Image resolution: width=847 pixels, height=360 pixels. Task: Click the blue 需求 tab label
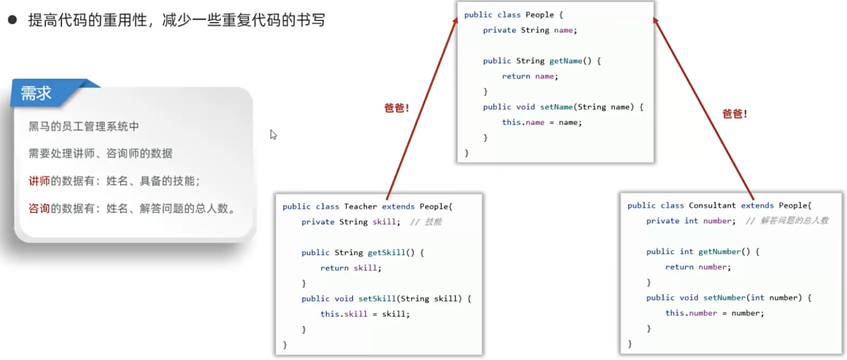pyautogui.click(x=36, y=94)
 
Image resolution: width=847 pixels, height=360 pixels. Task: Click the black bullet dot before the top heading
pyautogui.click(x=13, y=20)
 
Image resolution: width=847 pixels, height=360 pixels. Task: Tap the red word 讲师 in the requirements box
pyautogui.click(x=39, y=181)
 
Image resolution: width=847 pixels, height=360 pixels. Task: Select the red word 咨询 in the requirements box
pyautogui.click(x=39, y=209)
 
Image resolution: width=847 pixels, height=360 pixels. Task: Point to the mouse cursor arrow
pyautogui.click(x=273, y=134)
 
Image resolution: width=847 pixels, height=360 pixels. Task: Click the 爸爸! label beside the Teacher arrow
pyautogui.click(x=396, y=108)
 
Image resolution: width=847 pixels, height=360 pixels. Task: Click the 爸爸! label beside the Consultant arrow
pyautogui.click(x=735, y=114)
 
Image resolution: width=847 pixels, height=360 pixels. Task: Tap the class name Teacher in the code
pyautogui.click(x=360, y=207)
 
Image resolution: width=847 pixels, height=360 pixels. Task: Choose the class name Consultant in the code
pyautogui.click(x=712, y=206)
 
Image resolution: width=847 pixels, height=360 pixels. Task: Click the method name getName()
pyautogui.click(x=570, y=61)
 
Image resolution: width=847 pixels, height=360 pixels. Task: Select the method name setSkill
pyautogui.click(x=377, y=299)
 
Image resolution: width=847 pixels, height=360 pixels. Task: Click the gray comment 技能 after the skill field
pyautogui.click(x=433, y=222)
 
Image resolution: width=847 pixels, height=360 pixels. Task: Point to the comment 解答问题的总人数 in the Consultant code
pyautogui.click(x=794, y=221)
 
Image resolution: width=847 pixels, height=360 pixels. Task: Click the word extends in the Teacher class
pyautogui.click(x=398, y=207)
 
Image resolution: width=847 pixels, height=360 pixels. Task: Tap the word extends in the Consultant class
pyautogui.click(x=757, y=206)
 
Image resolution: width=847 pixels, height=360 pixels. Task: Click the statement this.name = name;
pyautogui.click(x=541, y=122)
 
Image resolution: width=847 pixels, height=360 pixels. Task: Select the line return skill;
pyautogui.click(x=351, y=268)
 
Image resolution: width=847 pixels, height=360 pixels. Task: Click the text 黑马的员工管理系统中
pyautogui.click(x=84, y=126)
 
